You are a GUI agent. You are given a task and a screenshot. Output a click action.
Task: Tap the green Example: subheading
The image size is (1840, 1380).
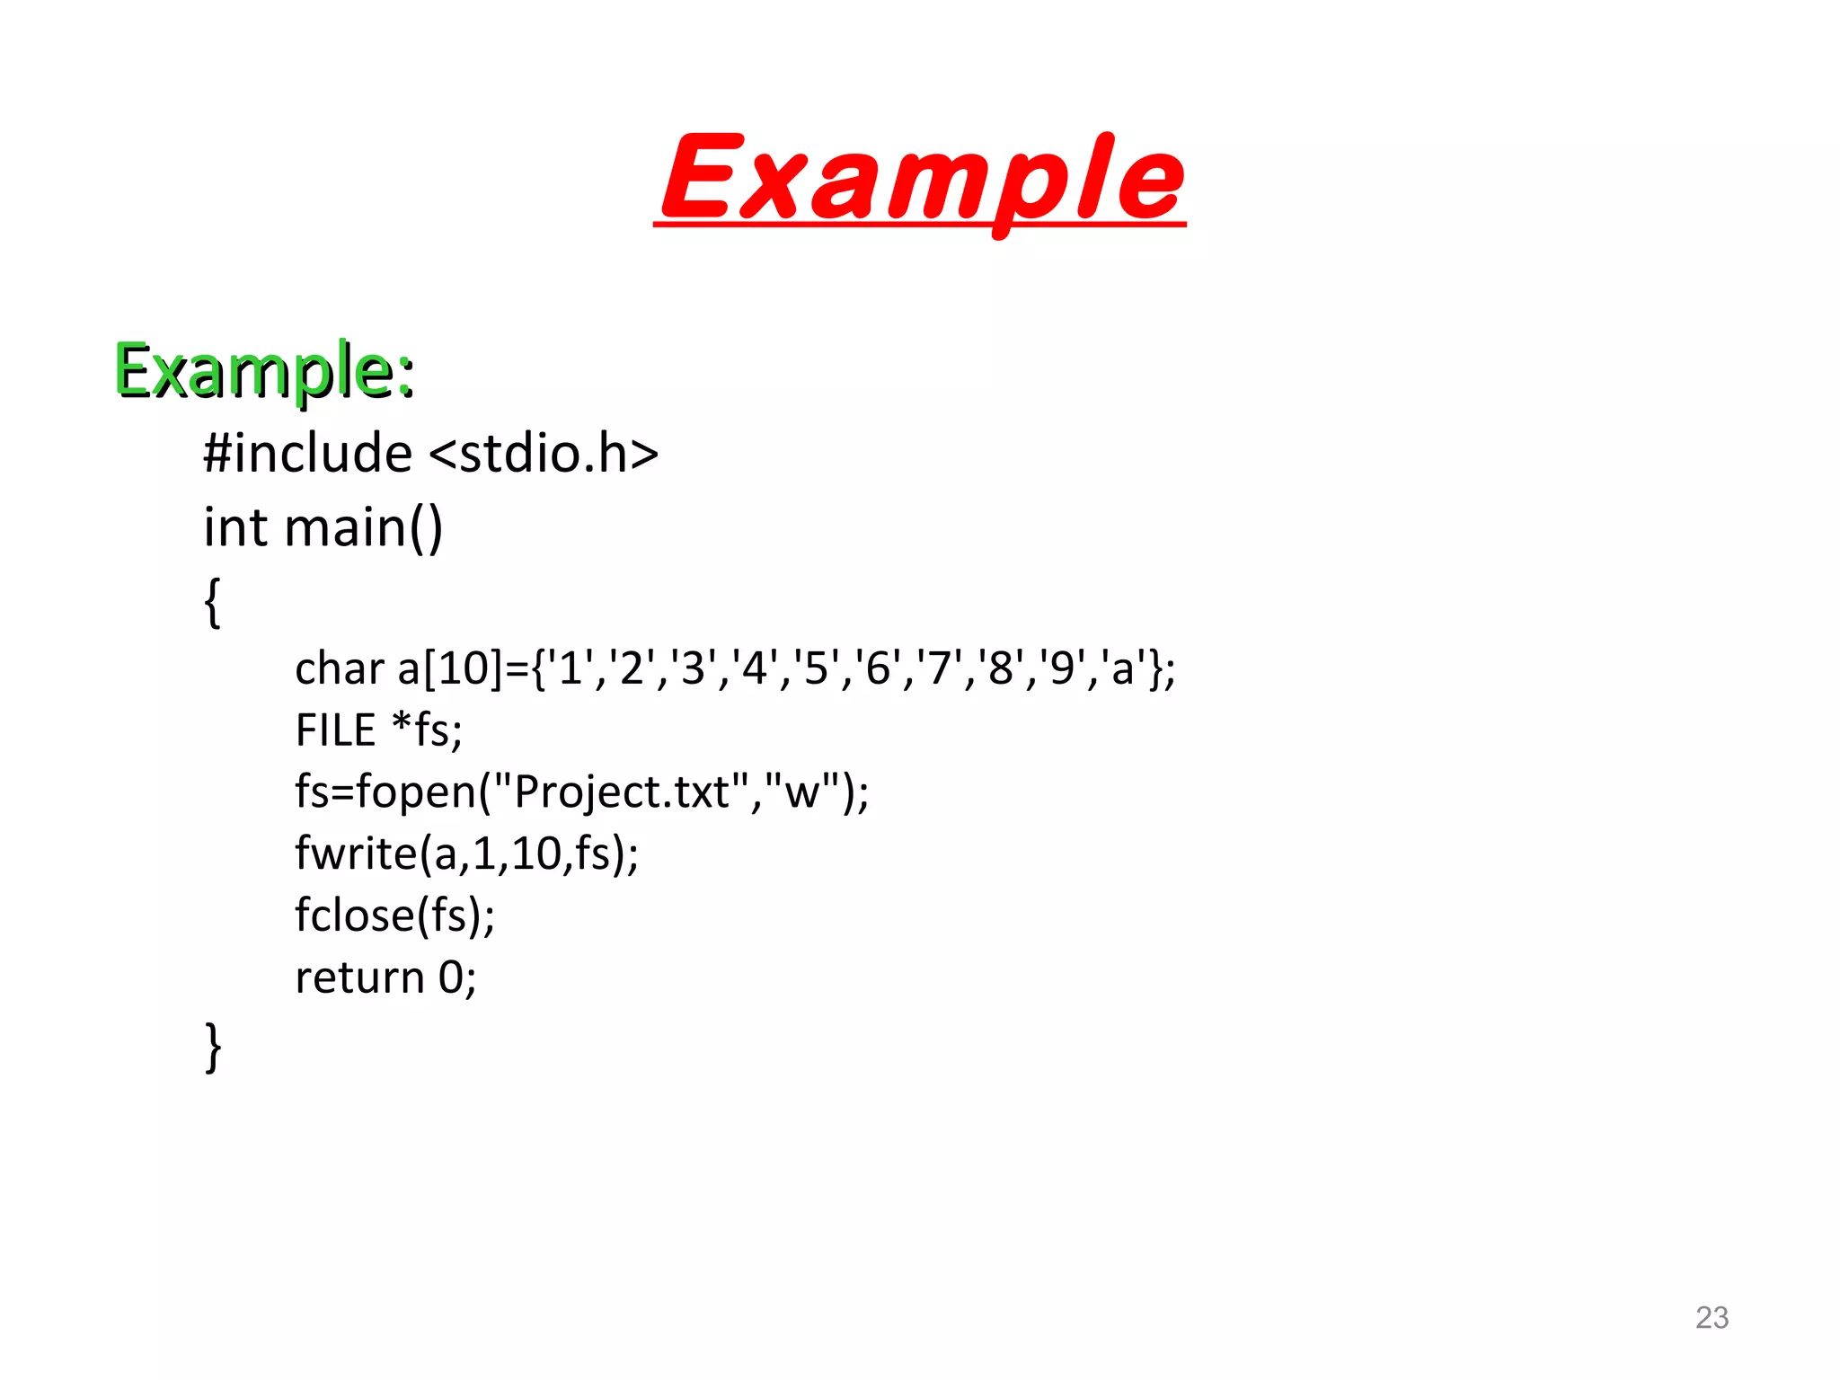[x=264, y=370]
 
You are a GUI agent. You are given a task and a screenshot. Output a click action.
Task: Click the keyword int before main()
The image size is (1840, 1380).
[x=235, y=527]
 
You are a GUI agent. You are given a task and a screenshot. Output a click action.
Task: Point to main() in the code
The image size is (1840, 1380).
[x=364, y=527]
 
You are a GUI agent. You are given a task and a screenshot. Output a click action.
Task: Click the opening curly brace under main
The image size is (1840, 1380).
[x=213, y=601]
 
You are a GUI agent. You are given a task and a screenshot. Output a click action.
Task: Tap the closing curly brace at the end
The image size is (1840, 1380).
[x=213, y=1046]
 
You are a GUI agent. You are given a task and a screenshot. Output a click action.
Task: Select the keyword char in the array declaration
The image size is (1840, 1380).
[x=340, y=669]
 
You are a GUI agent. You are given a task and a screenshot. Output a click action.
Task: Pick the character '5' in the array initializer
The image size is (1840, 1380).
[x=816, y=669]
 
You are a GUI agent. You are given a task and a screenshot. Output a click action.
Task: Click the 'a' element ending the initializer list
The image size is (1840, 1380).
[x=1123, y=669]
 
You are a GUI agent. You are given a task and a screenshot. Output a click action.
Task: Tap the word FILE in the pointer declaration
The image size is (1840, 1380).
[x=335, y=730]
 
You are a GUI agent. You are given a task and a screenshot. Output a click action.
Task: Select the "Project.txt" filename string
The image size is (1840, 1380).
[x=620, y=792]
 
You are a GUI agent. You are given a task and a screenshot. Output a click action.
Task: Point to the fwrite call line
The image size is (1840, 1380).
[x=467, y=854]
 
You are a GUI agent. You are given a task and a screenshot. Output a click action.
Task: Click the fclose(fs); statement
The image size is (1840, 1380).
[x=395, y=916]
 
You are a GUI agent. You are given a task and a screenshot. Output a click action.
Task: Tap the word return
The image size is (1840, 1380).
[x=359, y=977]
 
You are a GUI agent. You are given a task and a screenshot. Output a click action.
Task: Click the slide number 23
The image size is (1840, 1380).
[x=1712, y=1317]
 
